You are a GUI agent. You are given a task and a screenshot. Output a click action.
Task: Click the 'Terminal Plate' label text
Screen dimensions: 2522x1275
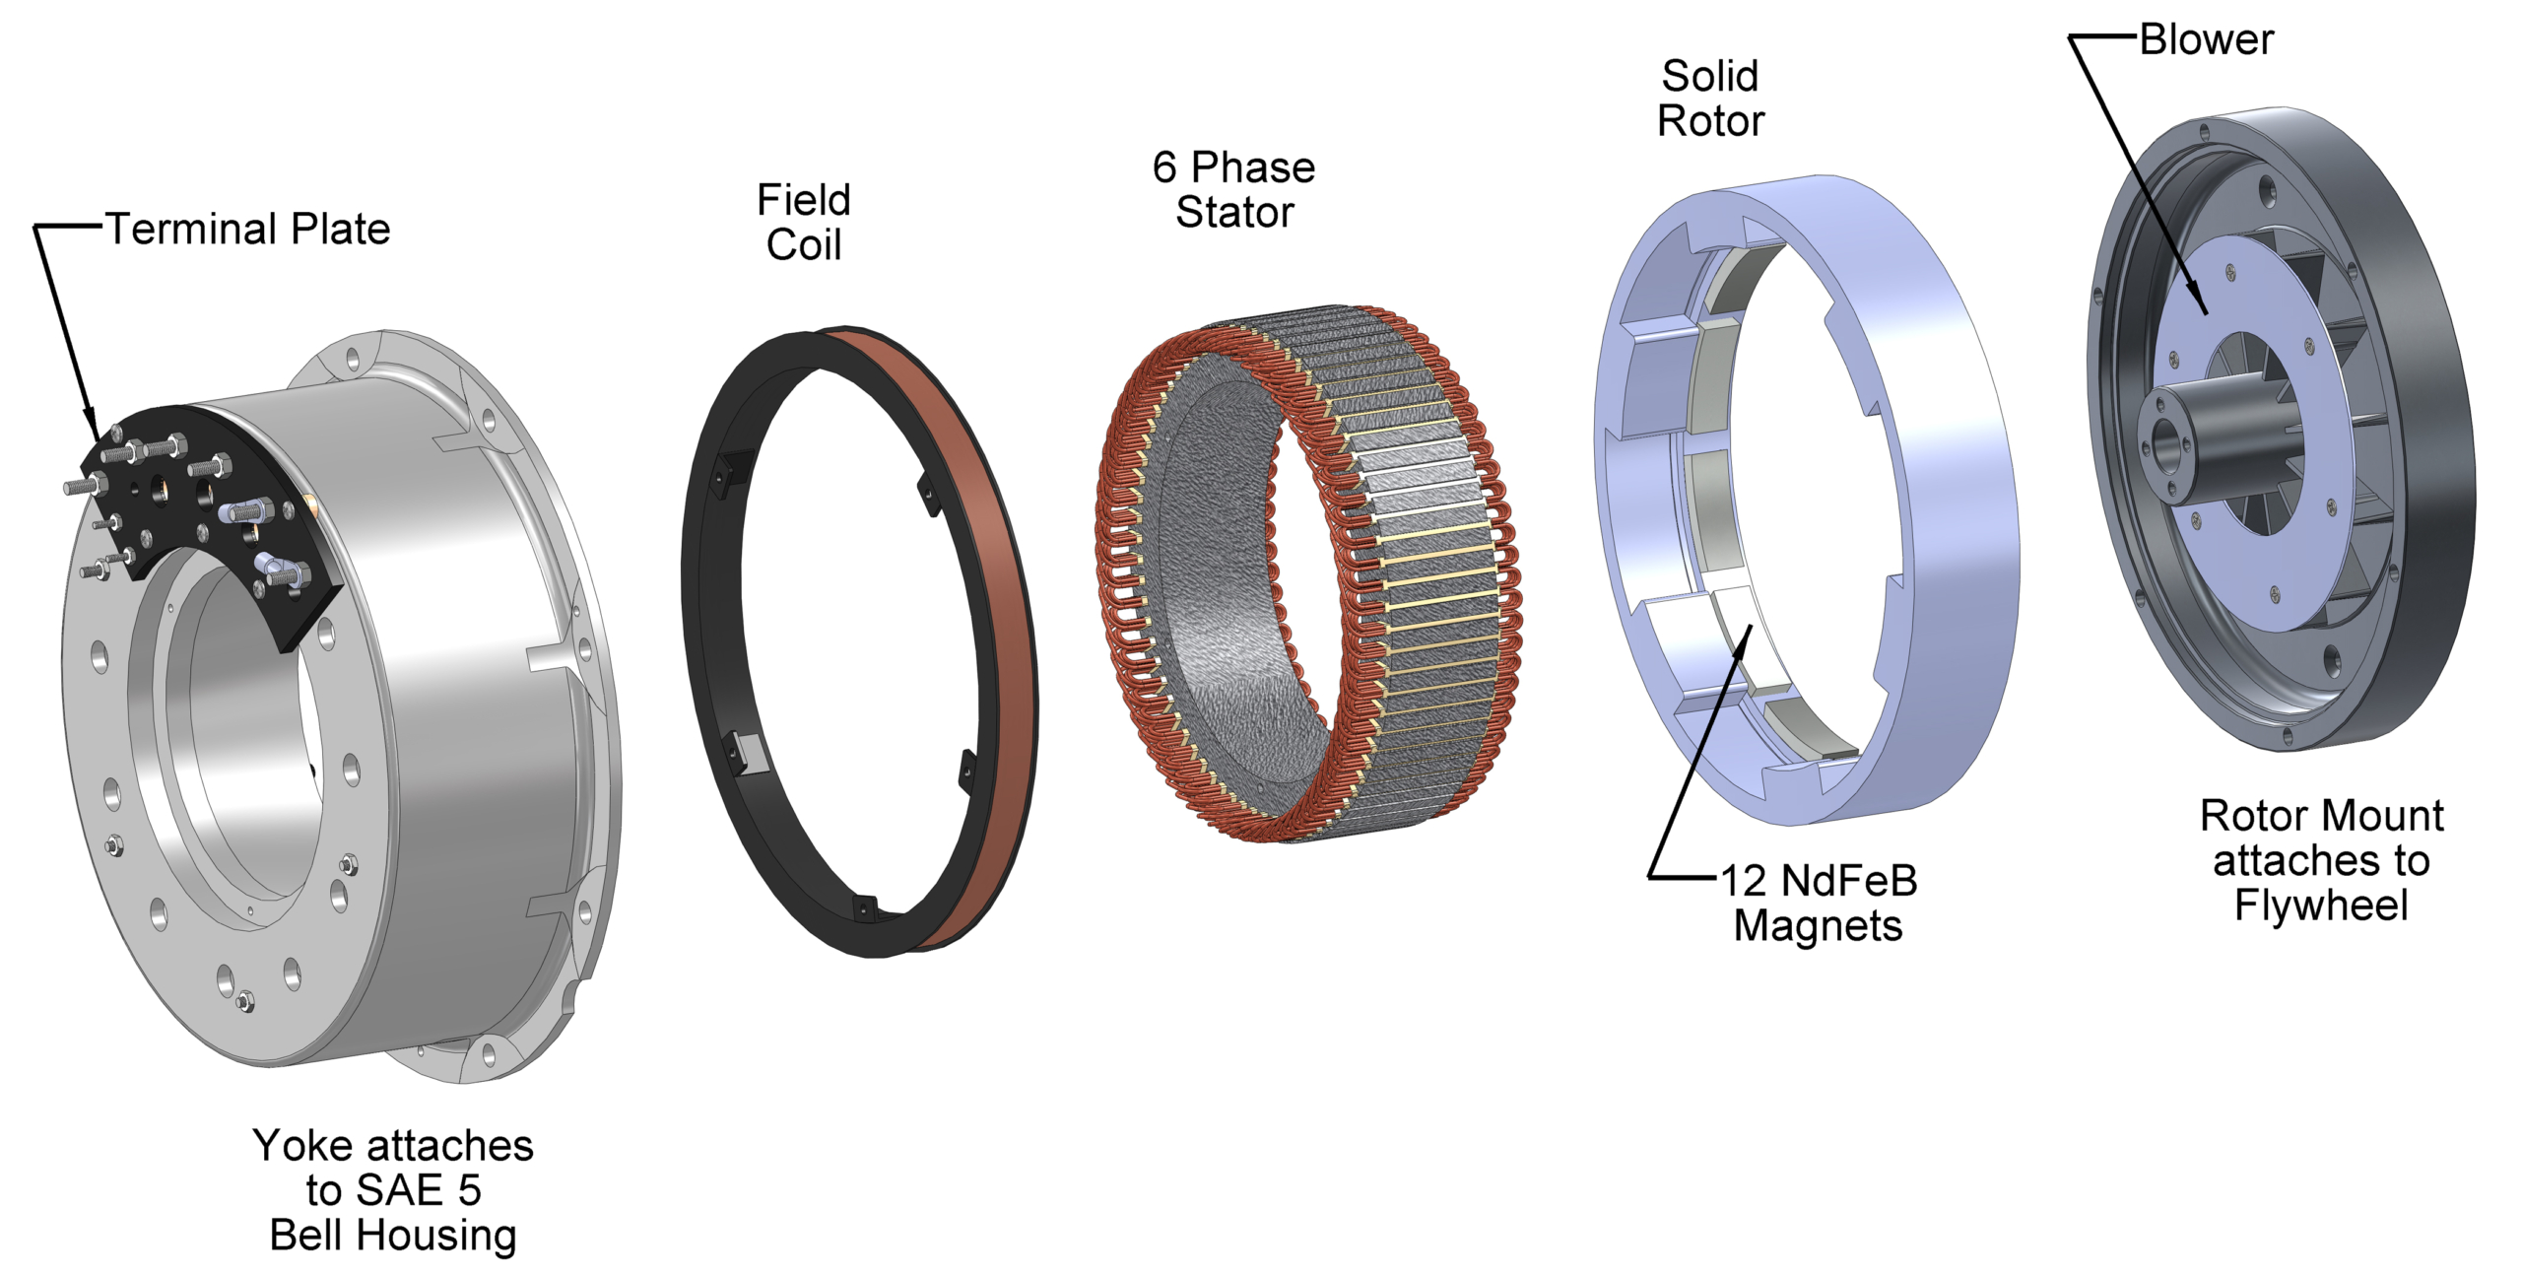point(248,230)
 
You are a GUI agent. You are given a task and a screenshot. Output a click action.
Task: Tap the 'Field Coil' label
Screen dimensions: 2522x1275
point(804,223)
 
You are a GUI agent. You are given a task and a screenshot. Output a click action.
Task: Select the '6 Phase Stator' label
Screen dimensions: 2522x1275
point(1233,190)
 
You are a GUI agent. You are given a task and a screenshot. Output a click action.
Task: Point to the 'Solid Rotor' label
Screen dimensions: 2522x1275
point(1710,99)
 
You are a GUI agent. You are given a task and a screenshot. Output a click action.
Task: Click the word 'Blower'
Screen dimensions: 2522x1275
point(2207,40)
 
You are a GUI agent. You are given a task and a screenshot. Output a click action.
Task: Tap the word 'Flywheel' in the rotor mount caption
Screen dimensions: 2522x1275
point(2321,905)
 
